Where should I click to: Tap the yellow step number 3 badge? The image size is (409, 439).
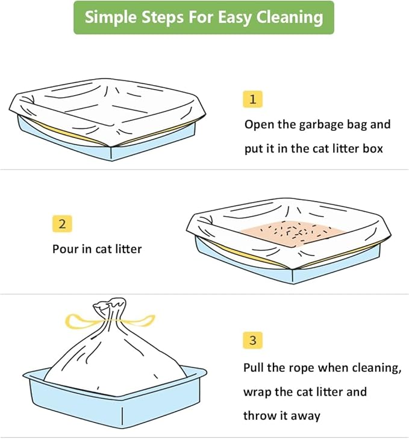[252, 341]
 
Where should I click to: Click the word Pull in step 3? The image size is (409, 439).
[255, 368]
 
